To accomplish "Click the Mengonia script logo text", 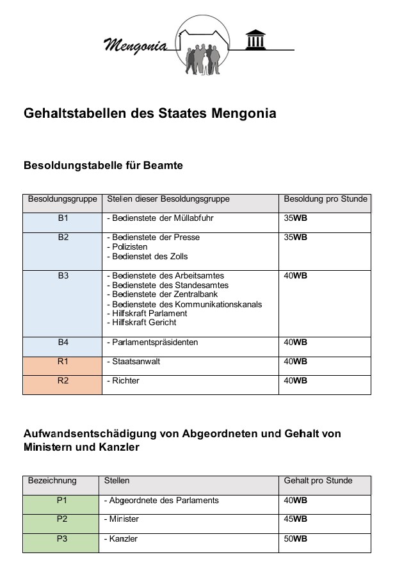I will [x=134, y=45].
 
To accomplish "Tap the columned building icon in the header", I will [x=257, y=40].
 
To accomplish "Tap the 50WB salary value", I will [x=295, y=539].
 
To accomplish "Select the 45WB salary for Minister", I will [x=295, y=519].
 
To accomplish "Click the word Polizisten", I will [x=130, y=247].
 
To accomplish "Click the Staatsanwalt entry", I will [x=136, y=362].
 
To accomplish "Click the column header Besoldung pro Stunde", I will [x=325, y=199].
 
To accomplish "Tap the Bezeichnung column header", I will [x=52, y=481].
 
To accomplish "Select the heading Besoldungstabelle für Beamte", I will [x=103, y=166].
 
